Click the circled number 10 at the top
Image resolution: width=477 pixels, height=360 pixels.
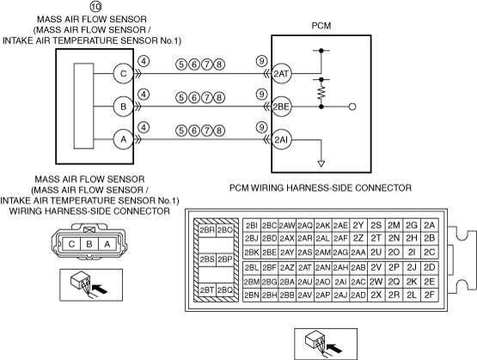click(x=95, y=6)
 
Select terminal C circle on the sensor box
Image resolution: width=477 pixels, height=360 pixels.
click(x=123, y=74)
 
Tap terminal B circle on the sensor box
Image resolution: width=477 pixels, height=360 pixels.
click(x=123, y=107)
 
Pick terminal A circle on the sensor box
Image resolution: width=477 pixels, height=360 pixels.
click(x=123, y=139)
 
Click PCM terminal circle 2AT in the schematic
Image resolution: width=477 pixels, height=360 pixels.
click(x=281, y=74)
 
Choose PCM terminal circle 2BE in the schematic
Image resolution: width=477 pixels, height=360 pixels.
click(x=281, y=107)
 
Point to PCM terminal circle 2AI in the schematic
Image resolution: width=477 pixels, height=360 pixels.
click(x=281, y=140)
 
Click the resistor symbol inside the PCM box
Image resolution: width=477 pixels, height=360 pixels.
click(x=321, y=93)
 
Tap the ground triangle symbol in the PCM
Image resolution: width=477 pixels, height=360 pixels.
click(x=321, y=163)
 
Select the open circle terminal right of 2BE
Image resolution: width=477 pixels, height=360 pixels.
click(x=352, y=107)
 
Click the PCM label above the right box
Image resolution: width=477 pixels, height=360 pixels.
click(x=321, y=26)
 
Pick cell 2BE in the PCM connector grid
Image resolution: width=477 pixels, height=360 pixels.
click(x=269, y=252)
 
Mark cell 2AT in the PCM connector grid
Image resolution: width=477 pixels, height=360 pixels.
click(x=305, y=268)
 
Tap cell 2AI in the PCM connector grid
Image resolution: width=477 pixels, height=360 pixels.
click(x=340, y=282)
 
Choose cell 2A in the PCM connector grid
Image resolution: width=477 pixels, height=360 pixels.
click(x=430, y=225)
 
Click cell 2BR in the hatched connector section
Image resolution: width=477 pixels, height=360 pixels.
click(x=207, y=230)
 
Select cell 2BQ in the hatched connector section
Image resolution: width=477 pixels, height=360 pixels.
click(x=225, y=290)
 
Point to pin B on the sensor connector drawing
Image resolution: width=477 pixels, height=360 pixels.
click(x=89, y=244)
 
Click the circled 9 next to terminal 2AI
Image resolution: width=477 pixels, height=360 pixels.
click(x=261, y=127)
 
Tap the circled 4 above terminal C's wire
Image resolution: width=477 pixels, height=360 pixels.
click(x=144, y=61)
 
